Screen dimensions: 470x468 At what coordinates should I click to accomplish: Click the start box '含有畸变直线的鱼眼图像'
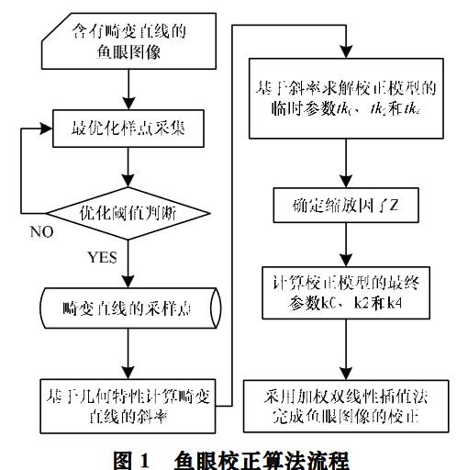128,42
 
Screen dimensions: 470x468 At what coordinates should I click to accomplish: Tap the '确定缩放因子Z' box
344,205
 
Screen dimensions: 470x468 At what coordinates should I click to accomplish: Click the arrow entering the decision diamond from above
129,171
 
